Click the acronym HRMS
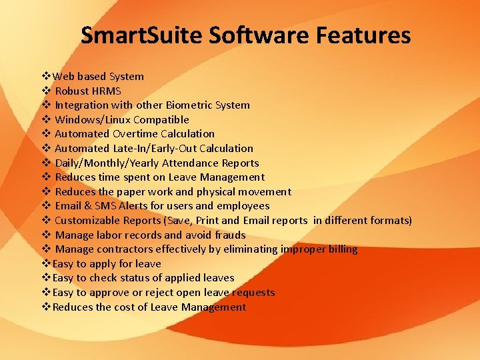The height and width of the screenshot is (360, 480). click(107, 91)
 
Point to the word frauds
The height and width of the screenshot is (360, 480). click(230, 235)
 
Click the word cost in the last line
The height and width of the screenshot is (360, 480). click(125, 307)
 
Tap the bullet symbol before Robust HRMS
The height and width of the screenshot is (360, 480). click(47, 91)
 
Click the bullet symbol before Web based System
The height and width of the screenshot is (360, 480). click(47, 76)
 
